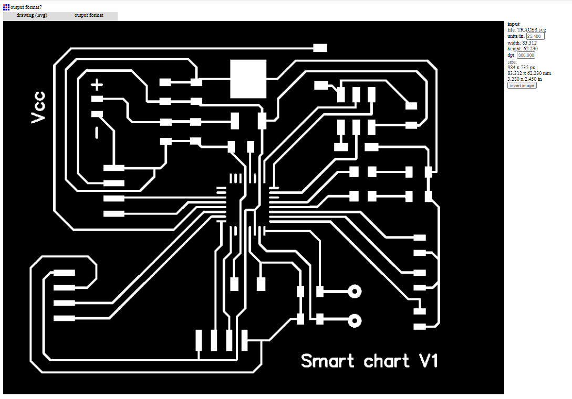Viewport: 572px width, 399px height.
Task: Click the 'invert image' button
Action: click(x=522, y=85)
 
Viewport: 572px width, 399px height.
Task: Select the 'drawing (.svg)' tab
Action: click(x=32, y=16)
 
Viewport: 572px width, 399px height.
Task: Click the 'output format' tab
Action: click(x=89, y=16)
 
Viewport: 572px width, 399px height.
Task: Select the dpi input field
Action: click(x=526, y=55)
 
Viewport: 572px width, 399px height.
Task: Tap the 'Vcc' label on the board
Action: click(x=38, y=107)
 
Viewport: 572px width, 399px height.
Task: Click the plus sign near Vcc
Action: click(x=97, y=84)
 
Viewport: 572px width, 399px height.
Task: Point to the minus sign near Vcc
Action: click(x=97, y=133)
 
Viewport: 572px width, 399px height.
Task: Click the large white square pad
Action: click(x=248, y=79)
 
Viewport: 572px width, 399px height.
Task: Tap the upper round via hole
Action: click(x=356, y=291)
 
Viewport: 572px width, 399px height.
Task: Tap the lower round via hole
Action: click(x=356, y=320)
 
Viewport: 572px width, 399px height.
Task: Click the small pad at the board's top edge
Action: click(x=320, y=48)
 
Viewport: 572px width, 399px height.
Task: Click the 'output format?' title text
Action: click(x=26, y=7)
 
